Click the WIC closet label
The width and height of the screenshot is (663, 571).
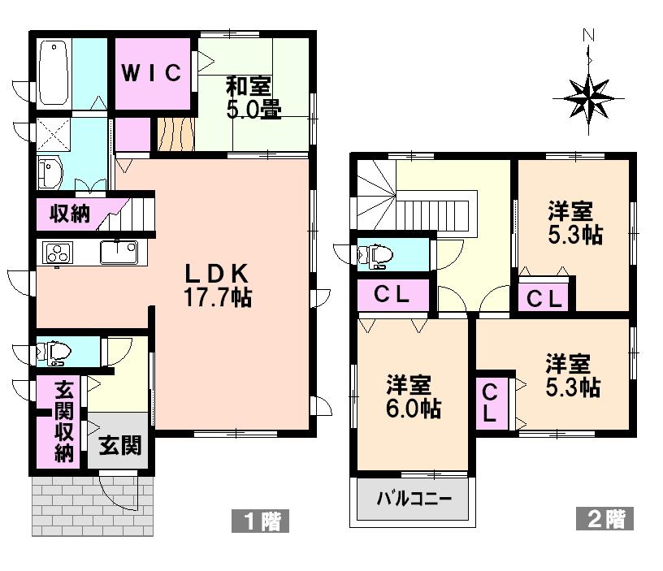pyautogui.click(x=152, y=73)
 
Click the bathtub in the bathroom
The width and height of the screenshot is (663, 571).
pyautogui.click(x=53, y=73)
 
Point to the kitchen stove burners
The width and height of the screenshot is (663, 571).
pyautogui.click(x=58, y=253)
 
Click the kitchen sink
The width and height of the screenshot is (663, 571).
pyautogui.click(x=119, y=252)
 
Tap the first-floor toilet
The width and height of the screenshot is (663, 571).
pyautogui.click(x=55, y=352)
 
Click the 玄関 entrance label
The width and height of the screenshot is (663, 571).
pyautogui.click(x=120, y=445)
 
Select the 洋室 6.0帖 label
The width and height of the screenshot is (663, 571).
pyautogui.click(x=413, y=396)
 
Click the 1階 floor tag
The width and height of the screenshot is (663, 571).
pyautogui.click(x=260, y=520)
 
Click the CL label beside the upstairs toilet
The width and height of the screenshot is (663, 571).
pyautogui.click(x=392, y=295)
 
